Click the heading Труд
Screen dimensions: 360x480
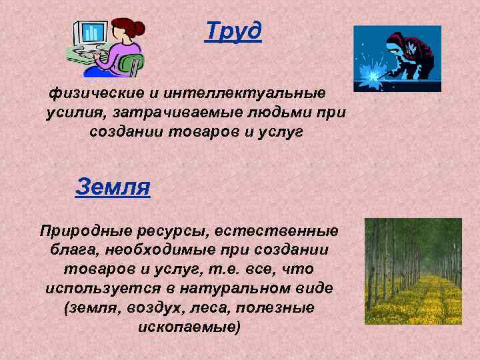(x=233, y=31)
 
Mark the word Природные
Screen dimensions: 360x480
(x=81, y=231)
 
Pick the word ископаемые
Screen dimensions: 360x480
(x=189, y=328)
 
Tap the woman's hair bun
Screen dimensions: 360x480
(x=138, y=28)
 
